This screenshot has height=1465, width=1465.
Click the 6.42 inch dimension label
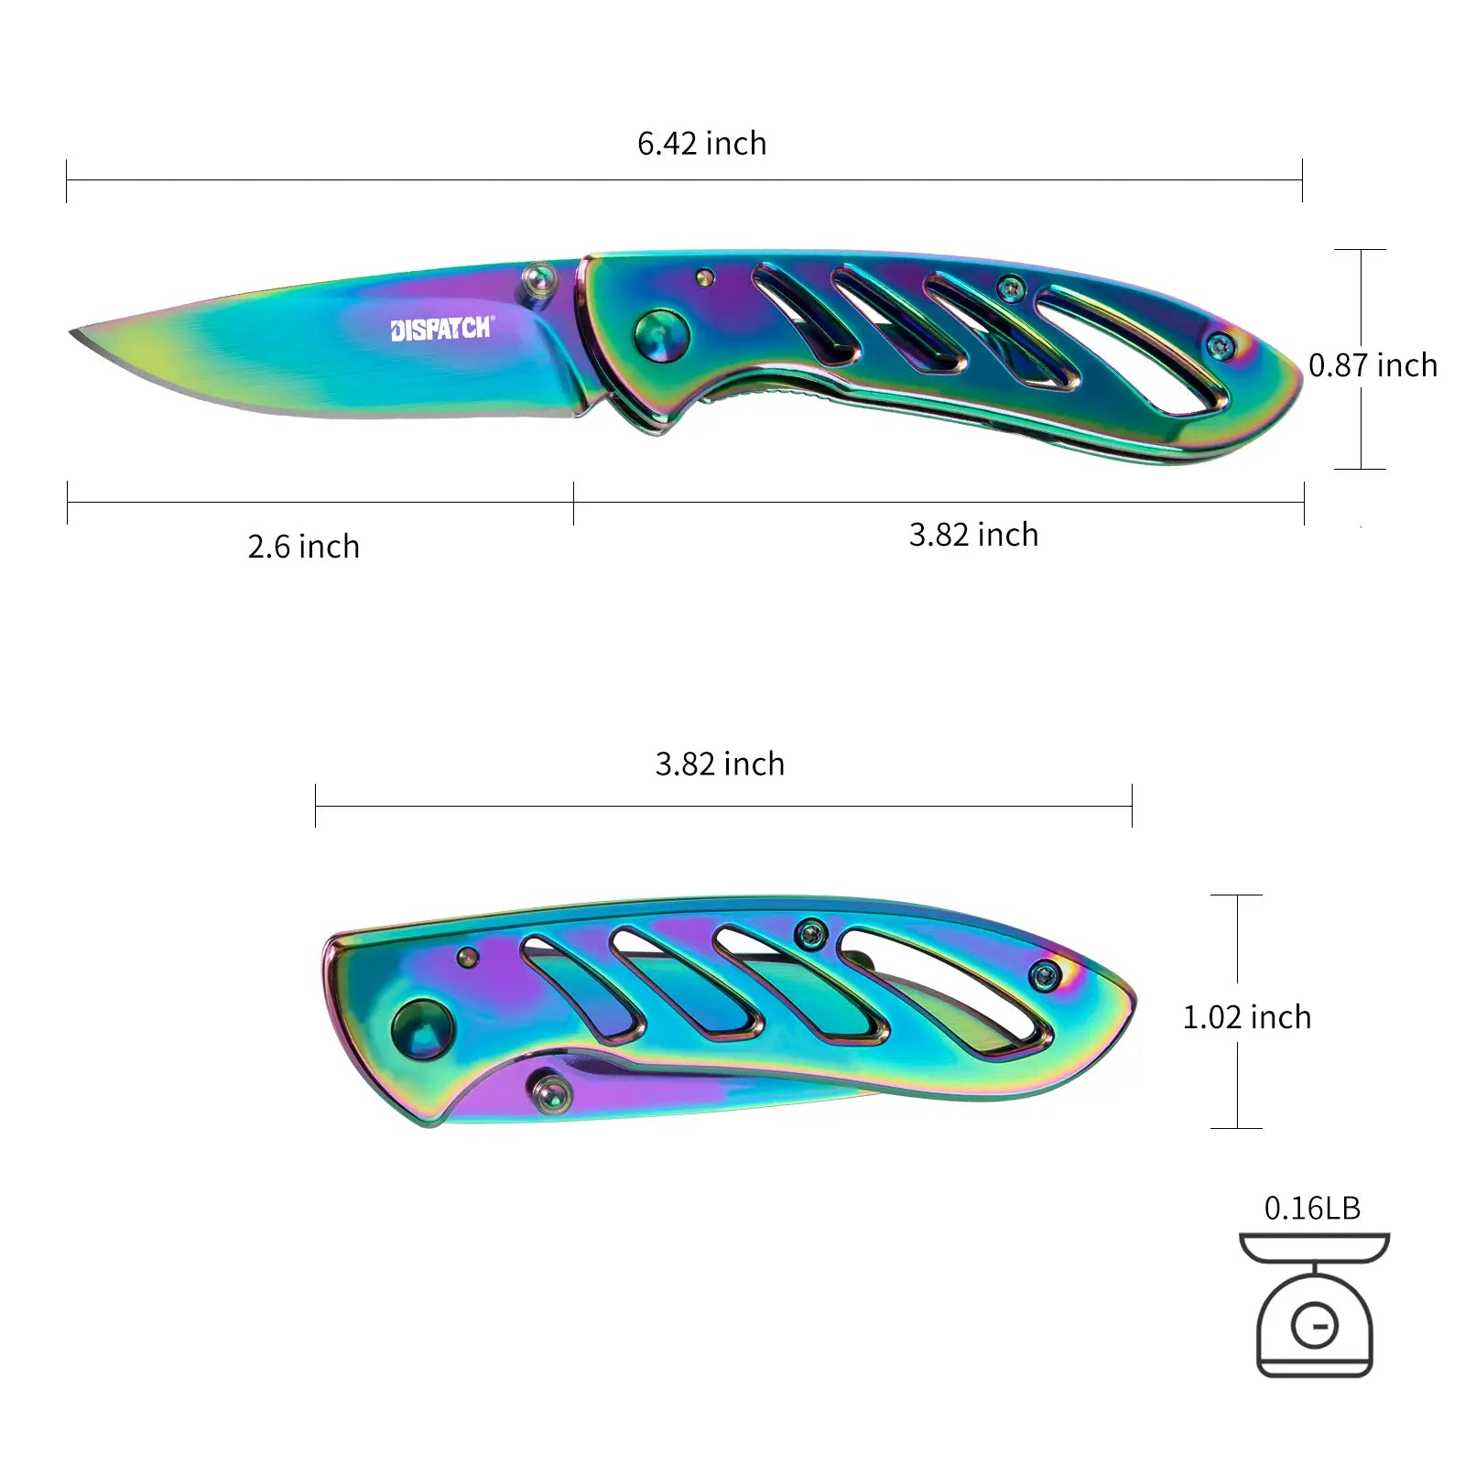(702, 144)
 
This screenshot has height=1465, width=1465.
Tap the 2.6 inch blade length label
(303, 547)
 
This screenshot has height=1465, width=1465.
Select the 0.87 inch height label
(1373, 365)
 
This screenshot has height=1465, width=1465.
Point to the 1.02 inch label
(1247, 1017)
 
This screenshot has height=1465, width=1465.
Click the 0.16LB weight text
(1312, 1208)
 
